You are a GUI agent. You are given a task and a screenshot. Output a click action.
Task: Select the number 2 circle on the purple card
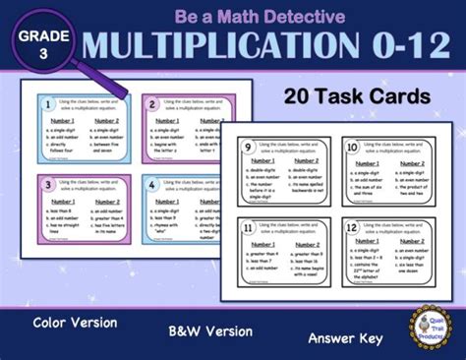pos(152,103)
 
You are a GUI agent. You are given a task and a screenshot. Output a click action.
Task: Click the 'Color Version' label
pos(75,323)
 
